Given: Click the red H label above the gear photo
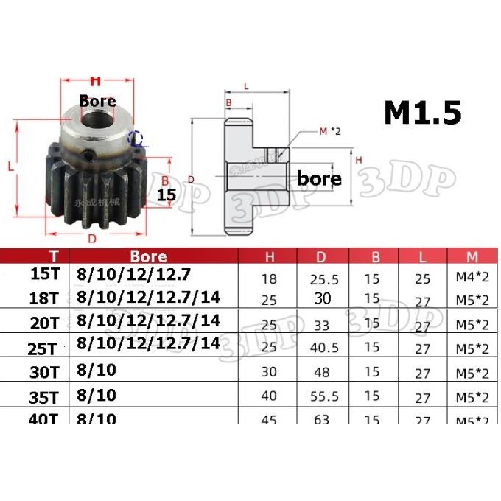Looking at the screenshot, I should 94,81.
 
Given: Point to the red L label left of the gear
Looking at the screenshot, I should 12,167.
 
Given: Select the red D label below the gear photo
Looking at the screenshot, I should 91,238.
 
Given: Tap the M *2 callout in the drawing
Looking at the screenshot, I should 331,132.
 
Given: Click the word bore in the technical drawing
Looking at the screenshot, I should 319,178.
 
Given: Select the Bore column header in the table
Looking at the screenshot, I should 148,257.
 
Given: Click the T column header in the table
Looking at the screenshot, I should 53,257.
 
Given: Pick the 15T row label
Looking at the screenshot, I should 52,276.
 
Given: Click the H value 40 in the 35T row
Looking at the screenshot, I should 270,396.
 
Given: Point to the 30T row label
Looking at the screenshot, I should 52,371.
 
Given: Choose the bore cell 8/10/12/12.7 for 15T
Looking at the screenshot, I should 133,276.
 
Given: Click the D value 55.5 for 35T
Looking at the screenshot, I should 321,396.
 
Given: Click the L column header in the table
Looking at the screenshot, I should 421,257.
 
